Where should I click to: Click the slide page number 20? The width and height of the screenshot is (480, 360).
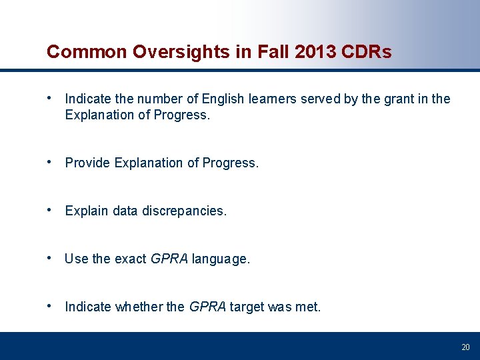click(465, 347)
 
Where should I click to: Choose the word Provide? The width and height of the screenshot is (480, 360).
click(88, 163)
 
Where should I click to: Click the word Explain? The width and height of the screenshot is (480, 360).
click(87, 211)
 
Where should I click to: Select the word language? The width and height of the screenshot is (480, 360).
click(221, 259)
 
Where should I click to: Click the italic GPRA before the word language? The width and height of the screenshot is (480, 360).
click(169, 259)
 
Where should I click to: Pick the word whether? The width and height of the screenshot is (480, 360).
click(139, 307)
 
